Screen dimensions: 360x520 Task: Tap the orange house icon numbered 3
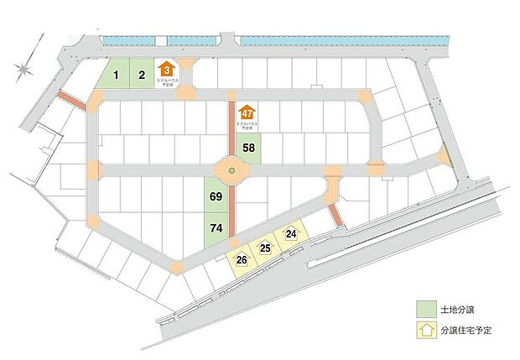coord(168,70)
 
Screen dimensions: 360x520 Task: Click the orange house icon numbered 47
coord(247,113)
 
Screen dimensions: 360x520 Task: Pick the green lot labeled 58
coord(249,149)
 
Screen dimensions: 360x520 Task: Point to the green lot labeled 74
coord(216,227)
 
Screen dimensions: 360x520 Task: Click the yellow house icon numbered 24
coord(291,233)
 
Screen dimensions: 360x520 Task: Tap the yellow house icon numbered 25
coord(265,247)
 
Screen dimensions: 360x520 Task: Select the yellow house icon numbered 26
coord(242,258)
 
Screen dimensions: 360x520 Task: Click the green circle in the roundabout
coord(231,171)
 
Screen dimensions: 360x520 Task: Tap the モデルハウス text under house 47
coord(247,125)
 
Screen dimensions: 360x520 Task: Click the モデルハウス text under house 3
coord(168,82)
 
